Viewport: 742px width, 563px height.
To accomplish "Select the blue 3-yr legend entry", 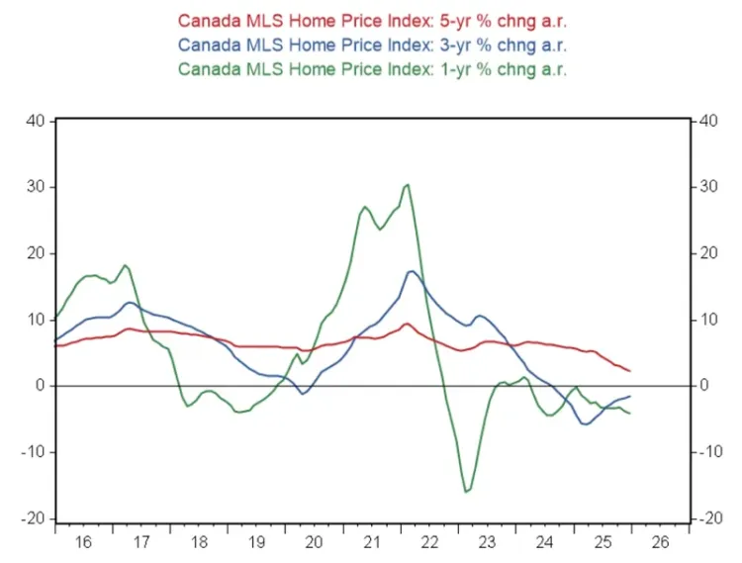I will tap(371, 45).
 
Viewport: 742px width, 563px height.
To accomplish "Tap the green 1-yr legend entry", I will tap(371, 69).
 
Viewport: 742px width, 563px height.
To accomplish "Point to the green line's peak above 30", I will tap(408, 184).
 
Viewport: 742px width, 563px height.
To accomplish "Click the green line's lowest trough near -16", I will tap(467, 491).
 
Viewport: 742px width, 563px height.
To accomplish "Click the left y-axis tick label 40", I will tap(36, 121).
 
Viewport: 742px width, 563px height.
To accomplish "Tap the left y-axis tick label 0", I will tap(41, 386).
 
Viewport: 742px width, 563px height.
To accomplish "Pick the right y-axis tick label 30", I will tap(707, 187).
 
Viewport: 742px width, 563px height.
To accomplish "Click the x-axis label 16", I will tap(83, 542).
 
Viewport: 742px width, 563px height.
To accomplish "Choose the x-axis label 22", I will tap(429, 542).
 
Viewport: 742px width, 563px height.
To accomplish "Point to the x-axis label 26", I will tap(660, 542).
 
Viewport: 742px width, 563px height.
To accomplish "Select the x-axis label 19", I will tap(256, 542).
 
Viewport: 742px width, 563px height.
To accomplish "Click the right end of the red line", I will tap(630, 371).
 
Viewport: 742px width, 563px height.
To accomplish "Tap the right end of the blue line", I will tap(630, 397).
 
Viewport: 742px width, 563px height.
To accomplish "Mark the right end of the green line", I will tap(630, 413).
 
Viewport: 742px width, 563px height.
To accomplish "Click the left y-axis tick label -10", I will tap(33, 452).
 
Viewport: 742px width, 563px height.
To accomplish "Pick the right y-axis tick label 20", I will tap(707, 253).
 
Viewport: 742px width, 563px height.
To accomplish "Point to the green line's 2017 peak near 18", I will tap(125, 265).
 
